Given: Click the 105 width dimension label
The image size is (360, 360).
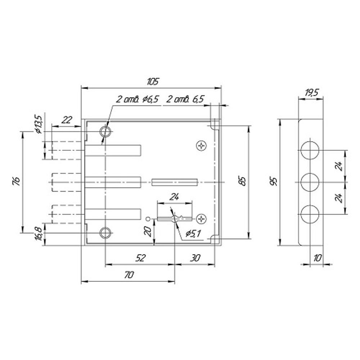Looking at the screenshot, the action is click(153, 82).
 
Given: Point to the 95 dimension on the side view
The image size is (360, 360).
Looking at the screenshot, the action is click(275, 181).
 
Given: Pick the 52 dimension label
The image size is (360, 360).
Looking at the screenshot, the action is click(140, 258).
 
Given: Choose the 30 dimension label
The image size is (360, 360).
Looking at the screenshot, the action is click(195, 258).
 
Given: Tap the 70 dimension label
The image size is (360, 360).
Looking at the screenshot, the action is click(129, 275).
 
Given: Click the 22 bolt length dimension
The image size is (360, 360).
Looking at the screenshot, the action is click(67, 120).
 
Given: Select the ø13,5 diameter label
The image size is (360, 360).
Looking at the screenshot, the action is click(39, 124).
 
